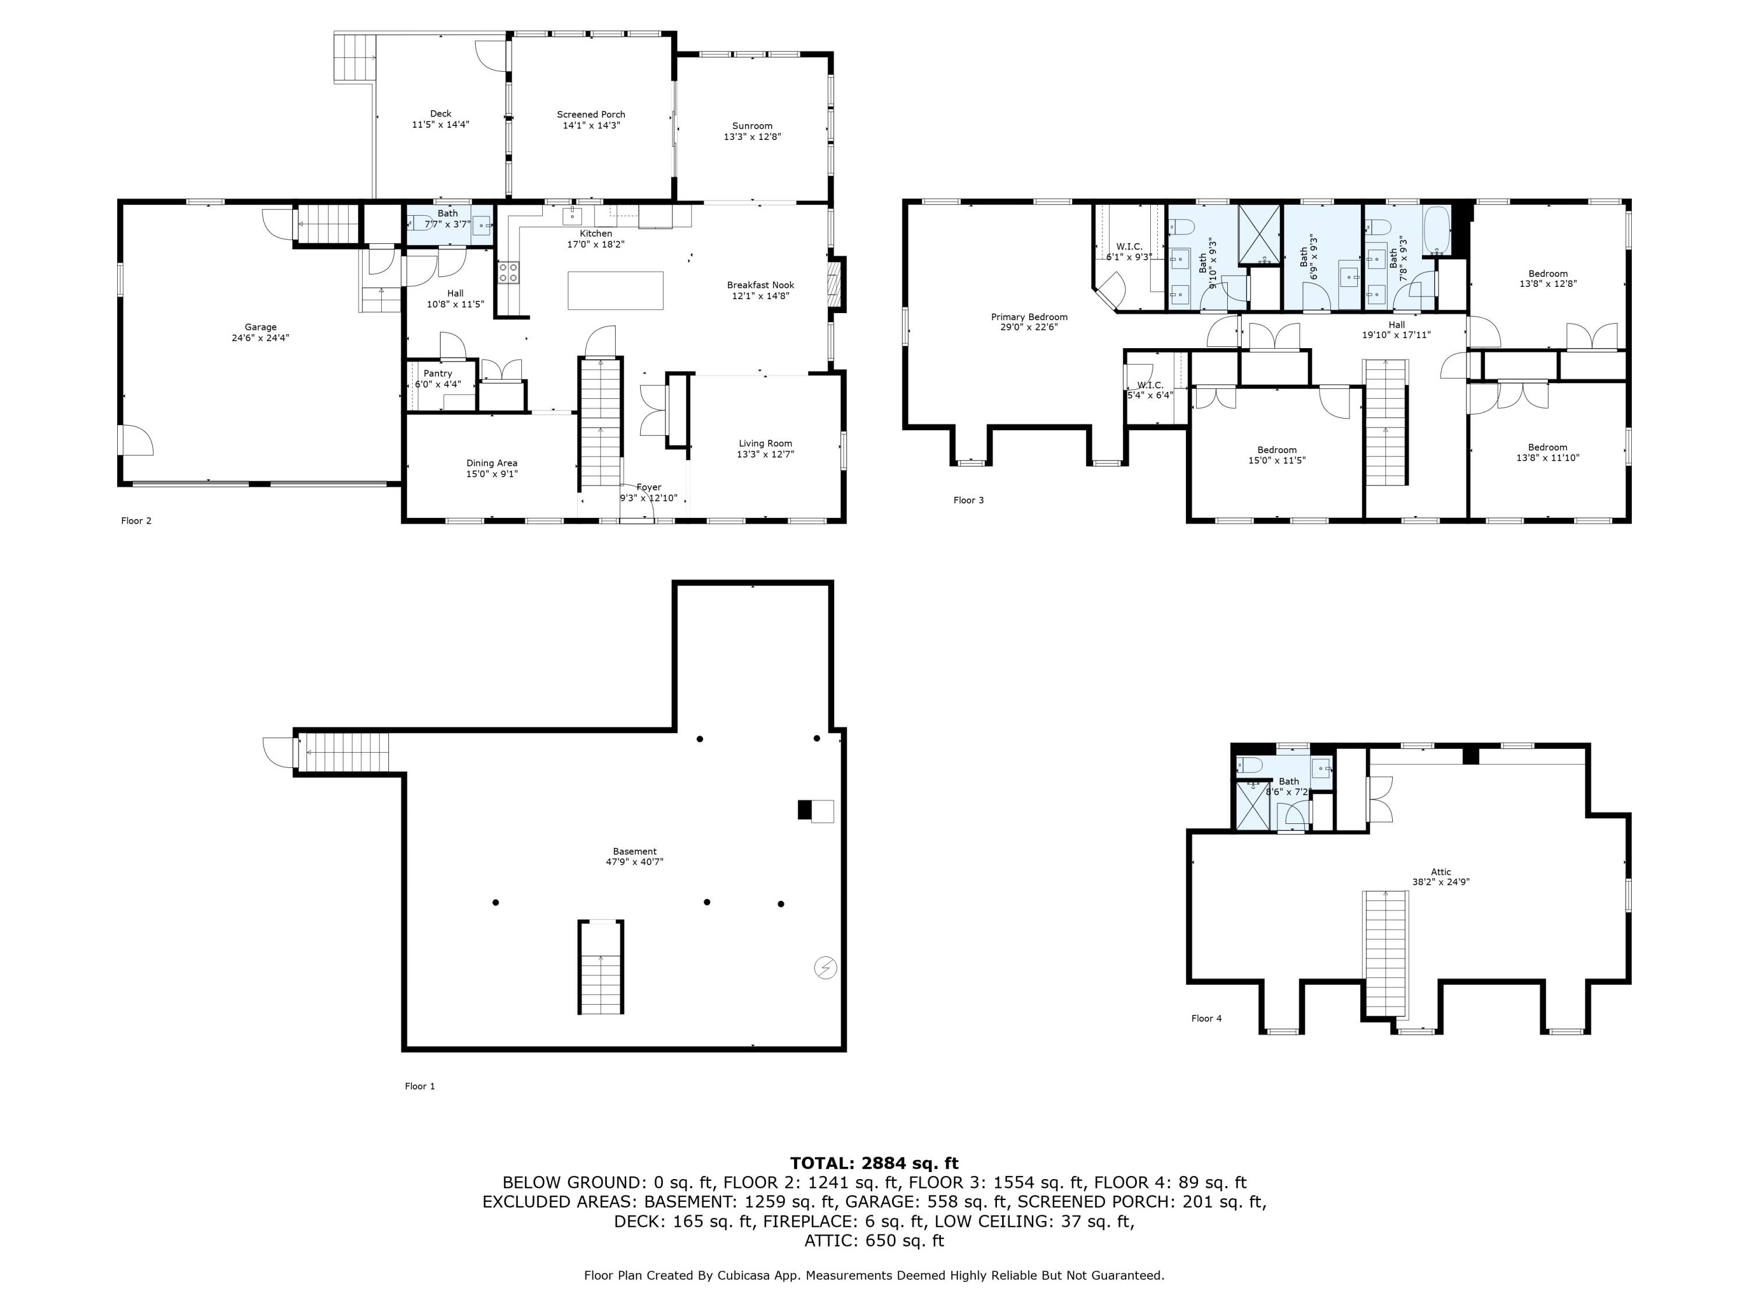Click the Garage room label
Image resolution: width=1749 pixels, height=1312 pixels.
tap(260, 327)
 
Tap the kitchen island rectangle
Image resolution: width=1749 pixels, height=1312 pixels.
tap(615, 290)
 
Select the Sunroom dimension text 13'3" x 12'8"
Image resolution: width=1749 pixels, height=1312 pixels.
tap(752, 137)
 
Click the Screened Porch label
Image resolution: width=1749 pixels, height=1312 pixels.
tap(591, 115)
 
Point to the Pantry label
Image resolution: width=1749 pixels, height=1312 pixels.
tap(437, 373)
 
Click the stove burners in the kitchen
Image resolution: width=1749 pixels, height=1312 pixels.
tap(508, 273)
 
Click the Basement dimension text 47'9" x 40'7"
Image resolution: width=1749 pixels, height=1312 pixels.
tap(634, 862)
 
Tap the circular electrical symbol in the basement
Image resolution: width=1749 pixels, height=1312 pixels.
tap(825, 967)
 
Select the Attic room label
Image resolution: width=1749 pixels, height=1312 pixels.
tap(1441, 872)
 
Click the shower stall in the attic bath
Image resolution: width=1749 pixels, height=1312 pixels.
tap(1252, 805)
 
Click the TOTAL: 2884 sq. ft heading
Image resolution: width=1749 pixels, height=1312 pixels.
tap(874, 1163)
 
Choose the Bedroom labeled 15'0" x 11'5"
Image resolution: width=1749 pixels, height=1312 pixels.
tap(1276, 455)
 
